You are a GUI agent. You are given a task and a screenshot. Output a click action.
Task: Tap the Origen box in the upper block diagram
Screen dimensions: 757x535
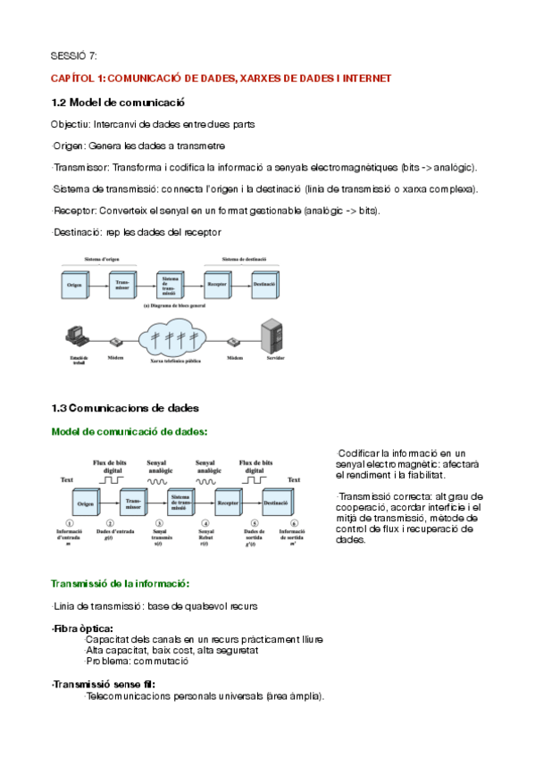coord(77,285)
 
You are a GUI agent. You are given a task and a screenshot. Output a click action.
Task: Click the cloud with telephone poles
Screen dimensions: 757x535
coord(186,340)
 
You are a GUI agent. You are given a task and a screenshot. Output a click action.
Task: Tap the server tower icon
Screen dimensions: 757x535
coord(270,337)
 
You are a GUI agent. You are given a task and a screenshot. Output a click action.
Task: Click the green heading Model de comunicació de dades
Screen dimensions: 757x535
coord(130,431)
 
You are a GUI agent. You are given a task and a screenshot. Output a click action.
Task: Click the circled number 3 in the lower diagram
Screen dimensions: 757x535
coord(159,524)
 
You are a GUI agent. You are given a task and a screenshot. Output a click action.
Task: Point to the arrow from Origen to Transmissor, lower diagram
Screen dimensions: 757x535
coord(109,502)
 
